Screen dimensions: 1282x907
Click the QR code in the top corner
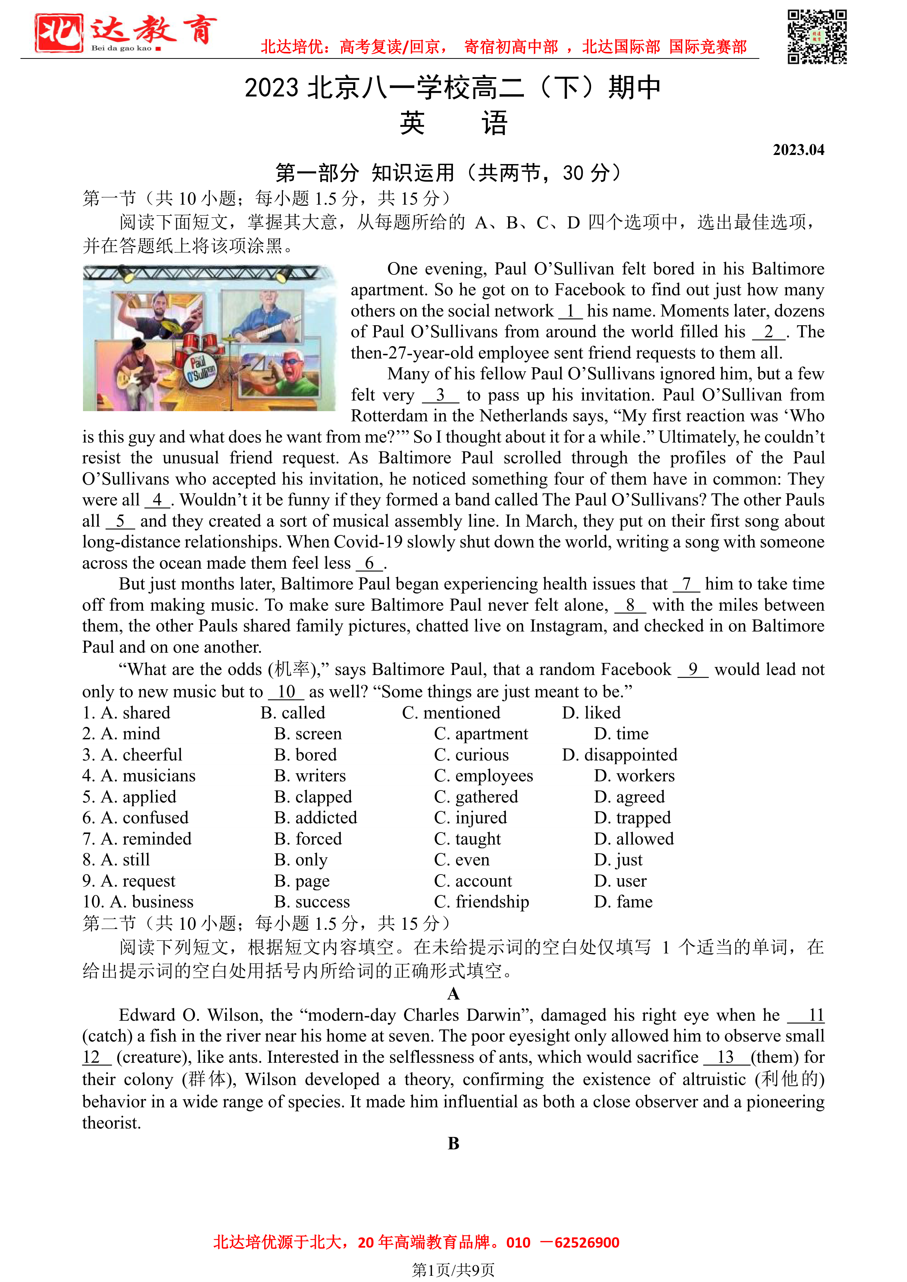click(x=817, y=37)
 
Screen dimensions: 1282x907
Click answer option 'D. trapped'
click(x=632, y=818)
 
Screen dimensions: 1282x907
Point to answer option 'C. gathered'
click(x=476, y=797)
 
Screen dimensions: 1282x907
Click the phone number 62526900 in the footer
click(x=587, y=1243)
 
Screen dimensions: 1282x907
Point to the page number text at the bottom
click(x=453, y=1270)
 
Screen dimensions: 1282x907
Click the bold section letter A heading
click(x=453, y=993)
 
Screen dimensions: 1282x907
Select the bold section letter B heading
click(x=453, y=1143)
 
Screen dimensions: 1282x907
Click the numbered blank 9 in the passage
click(x=692, y=670)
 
